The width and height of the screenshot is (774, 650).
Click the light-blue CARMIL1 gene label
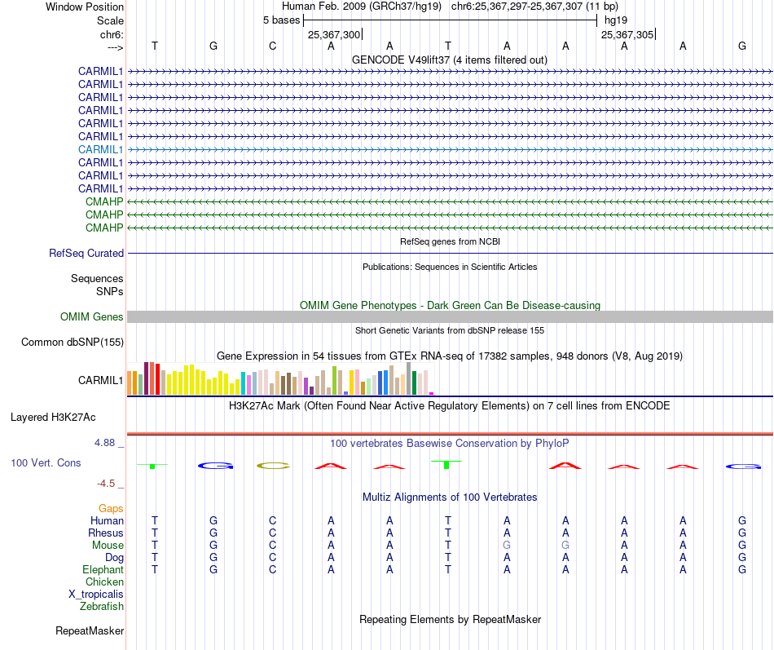(x=100, y=149)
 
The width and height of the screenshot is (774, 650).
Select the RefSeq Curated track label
(x=86, y=253)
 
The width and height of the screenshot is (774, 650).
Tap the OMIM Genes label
(x=92, y=316)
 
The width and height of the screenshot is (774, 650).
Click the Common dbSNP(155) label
(x=72, y=342)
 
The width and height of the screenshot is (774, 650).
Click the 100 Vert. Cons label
(x=46, y=462)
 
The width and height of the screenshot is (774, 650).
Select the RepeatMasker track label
(x=90, y=630)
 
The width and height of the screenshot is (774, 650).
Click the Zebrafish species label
(x=102, y=606)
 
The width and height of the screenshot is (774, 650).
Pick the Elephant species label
(x=103, y=569)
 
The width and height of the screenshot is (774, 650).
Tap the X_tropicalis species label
(x=96, y=594)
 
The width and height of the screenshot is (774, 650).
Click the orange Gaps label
(x=111, y=508)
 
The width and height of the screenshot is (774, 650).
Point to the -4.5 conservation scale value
(x=109, y=483)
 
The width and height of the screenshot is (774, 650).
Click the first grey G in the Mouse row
(x=507, y=545)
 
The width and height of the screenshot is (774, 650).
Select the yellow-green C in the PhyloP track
(x=272, y=466)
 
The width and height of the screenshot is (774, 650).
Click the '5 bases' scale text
(x=281, y=20)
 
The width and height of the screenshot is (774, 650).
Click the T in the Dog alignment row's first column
(x=155, y=557)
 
